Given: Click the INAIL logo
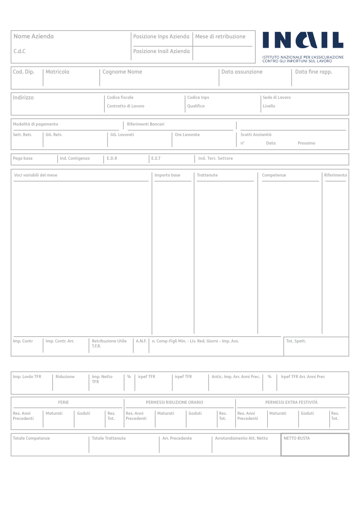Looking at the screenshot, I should (303, 40).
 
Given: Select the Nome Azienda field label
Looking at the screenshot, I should (33, 36).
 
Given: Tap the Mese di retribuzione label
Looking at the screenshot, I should (220, 36).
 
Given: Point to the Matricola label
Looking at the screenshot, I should (57, 72).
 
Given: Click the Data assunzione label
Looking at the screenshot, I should (242, 72).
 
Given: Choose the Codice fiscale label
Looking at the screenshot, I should (120, 97).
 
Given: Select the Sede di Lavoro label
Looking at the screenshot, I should (276, 97).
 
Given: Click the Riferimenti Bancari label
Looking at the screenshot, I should (145, 124).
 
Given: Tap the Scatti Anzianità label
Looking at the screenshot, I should (256, 135).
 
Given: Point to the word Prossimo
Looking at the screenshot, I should (306, 143).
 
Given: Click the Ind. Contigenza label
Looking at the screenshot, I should (75, 158).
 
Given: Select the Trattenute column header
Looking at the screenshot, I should (207, 175).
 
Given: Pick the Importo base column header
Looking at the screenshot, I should (167, 175).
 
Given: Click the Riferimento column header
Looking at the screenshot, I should (336, 175).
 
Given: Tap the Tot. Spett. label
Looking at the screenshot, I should (296, 341).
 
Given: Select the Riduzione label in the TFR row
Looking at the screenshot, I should (65, 377).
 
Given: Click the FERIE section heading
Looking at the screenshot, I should (63, 403).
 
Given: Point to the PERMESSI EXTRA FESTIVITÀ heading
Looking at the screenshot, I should (291, 403).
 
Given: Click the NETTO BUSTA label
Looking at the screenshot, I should (297, 438).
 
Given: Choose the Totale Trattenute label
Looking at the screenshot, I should (109, 438).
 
